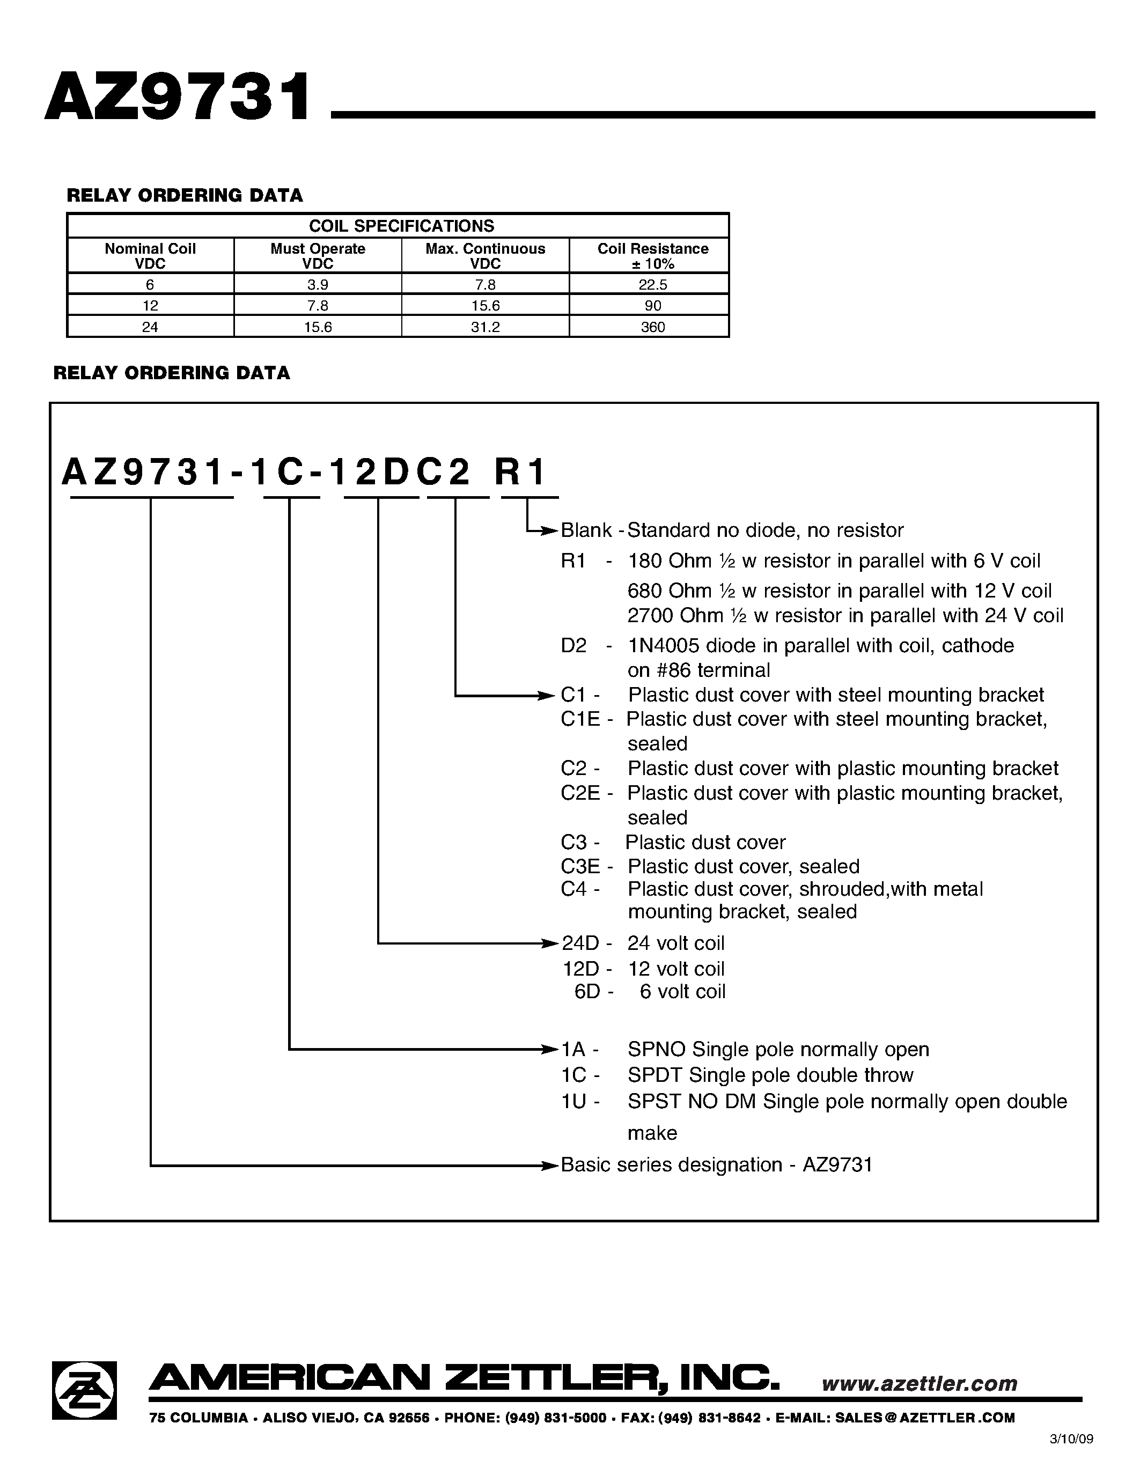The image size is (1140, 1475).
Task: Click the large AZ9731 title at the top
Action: [178, 99]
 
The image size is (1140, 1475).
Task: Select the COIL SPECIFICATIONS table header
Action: [401, 226]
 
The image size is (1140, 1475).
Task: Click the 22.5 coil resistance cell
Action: [652, 284]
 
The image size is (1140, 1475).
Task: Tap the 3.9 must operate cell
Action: [318, 284]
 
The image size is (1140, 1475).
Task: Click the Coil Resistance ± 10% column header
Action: [652, 256]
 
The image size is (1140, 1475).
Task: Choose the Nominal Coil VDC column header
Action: [150, 256]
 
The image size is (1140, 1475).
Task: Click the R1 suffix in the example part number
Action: [519, 473]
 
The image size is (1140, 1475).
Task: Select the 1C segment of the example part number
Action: [277, 473]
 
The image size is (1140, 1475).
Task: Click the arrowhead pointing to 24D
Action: [551, 943]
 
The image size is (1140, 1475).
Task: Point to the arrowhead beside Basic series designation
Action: [551, 1166]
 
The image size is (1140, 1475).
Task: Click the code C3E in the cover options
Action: [580, 866]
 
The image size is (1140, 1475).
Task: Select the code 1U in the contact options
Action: [573, 1102]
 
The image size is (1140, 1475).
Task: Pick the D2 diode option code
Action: [573, 646]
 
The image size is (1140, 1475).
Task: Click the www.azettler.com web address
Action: [919, 1384]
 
